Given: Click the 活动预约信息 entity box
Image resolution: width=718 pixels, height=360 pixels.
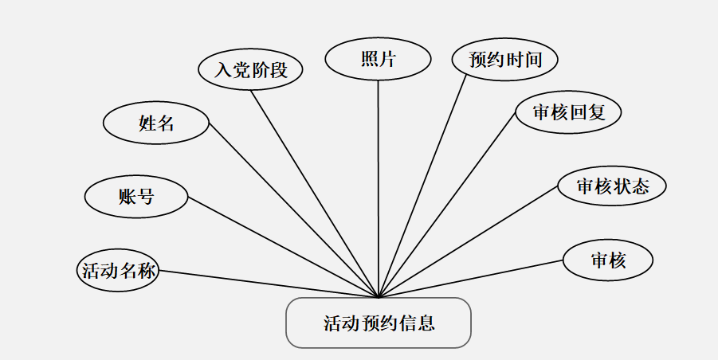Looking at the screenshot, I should pyautogui.click(x=379, y=323).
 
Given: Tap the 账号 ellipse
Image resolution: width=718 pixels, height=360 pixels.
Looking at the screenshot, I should pyautogui.click(x=136, y=197).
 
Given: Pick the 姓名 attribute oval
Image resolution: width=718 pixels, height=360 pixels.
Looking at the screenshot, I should pyautogui.click(x=156, y=123).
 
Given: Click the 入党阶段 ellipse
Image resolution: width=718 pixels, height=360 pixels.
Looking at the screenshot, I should pyautogui.click(x=251, y=69).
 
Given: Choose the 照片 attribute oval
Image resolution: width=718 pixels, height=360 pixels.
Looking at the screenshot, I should pyautogui.click(x=378, y=60).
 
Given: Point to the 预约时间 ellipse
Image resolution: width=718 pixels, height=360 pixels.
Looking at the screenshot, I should pyautogui.click(x=503, y=60).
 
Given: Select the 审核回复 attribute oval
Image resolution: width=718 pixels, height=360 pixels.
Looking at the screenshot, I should pyautogui.click(x=568, y=112).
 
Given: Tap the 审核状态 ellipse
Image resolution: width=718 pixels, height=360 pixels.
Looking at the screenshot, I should pyautogui.click(x=612, y=186).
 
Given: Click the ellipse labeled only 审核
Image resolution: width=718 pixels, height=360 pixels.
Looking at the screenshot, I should pyautogui.click(x=608, y=260).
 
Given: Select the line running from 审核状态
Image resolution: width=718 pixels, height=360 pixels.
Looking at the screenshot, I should pyautogui.click(x=470, y=241).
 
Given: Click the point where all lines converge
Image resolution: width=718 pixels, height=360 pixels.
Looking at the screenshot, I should pyautogui.click(x=379, y=297).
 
